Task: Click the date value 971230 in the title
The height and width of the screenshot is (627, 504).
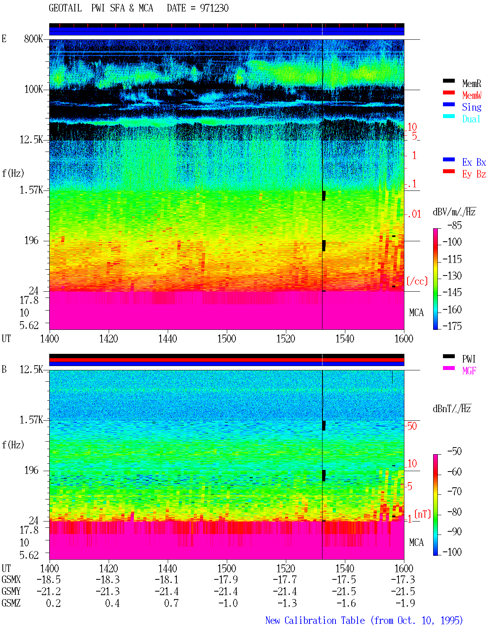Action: (x=214, y=8)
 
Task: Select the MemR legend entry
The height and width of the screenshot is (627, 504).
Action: (x=471, y=83)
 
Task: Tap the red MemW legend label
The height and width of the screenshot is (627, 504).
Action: (x=471, y=95)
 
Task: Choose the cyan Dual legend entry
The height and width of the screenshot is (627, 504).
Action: (x=471, y=119)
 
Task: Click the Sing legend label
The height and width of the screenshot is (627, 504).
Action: (x=471, y=107)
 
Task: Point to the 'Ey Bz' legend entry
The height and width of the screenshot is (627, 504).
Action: (x=474, y=174)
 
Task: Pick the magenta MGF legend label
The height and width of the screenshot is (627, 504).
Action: (x=469, y=371)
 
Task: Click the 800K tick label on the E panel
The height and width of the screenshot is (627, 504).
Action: (x=33, y=39)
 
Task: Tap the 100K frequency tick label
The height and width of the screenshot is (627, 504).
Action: (x=33, y=89)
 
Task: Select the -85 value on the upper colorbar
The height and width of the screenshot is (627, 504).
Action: (x=454, y=225)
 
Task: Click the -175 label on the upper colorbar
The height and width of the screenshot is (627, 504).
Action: (x=452, y=326)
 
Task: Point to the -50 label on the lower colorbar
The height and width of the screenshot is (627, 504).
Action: (x=454, y=451)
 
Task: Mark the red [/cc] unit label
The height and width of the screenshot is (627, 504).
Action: (x=417, y=281)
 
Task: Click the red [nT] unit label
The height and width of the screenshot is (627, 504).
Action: (x=422, y=514)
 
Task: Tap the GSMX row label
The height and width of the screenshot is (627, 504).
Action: (x=11, y=579)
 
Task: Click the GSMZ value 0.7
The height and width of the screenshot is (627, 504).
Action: (x=171, y=603)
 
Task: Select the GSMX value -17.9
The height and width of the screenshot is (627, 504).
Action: (x=226, y=579)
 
